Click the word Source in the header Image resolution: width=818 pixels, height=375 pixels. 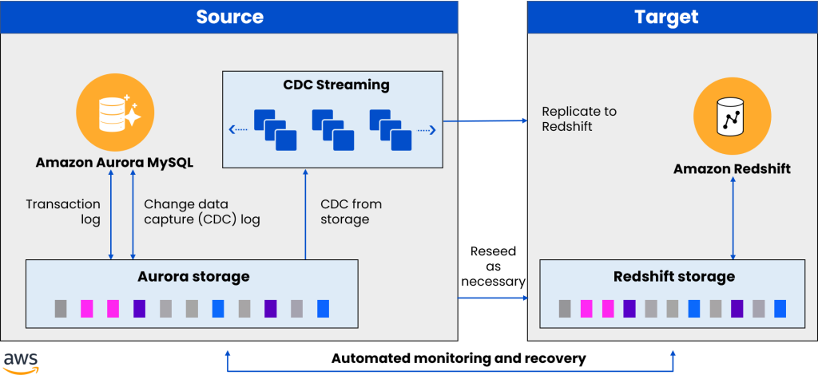(x=229, y=17)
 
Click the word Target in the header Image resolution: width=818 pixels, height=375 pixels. (x=665, y=17)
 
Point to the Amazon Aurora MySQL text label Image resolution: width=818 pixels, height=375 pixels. (x=115, y=163)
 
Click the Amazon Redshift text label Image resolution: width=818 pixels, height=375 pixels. (x=732, y=169)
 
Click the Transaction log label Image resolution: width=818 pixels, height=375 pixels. (x=63, y=211)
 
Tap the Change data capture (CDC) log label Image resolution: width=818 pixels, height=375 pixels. (x=202, y=211)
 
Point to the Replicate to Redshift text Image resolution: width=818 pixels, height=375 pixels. (x=579, y=119)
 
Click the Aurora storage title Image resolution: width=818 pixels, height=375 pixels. (x=192, y=277)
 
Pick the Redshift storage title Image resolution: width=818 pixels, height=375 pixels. (x=674, y=277)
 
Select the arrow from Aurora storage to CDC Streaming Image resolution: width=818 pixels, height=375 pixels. (x=305, y=215)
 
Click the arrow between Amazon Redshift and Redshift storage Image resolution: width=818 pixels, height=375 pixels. (x=733, y=219)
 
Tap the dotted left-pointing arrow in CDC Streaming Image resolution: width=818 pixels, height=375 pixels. (x=237, y=129)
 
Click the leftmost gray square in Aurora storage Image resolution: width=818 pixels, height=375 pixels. (x=61, y=308)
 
